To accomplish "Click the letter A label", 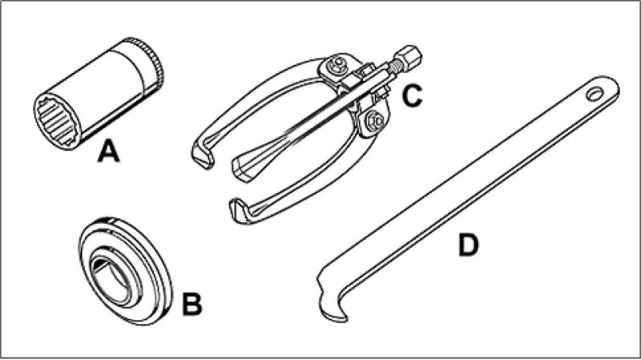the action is click(x=109, y=149).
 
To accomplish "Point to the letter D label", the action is click(x=468, y=245).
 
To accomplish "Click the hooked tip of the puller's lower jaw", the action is click(x=237, y=210).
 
